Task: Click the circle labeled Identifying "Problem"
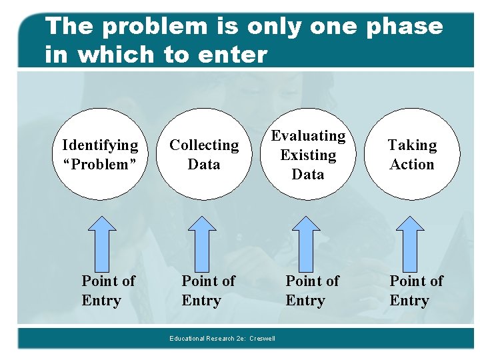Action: coord(100,155)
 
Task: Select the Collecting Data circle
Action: coord(204,155)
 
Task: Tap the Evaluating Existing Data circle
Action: coord(308,155)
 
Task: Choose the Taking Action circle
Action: coord(412,155)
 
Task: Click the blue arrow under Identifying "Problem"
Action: coord(102,240)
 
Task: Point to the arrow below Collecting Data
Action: coord(202,240)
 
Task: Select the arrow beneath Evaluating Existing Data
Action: coord(306,240)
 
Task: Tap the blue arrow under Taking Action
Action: coord(410,240)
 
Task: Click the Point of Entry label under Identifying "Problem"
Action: coord(108,291)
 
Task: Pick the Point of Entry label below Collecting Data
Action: coord(208,291)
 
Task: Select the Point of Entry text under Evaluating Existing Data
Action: coord(312,291)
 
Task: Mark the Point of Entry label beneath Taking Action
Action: coord(416,291)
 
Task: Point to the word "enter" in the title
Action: coord(231,55)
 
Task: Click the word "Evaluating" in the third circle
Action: coord(308,136)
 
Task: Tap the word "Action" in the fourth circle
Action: coord(412,165)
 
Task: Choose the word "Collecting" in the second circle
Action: coord(204,145)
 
